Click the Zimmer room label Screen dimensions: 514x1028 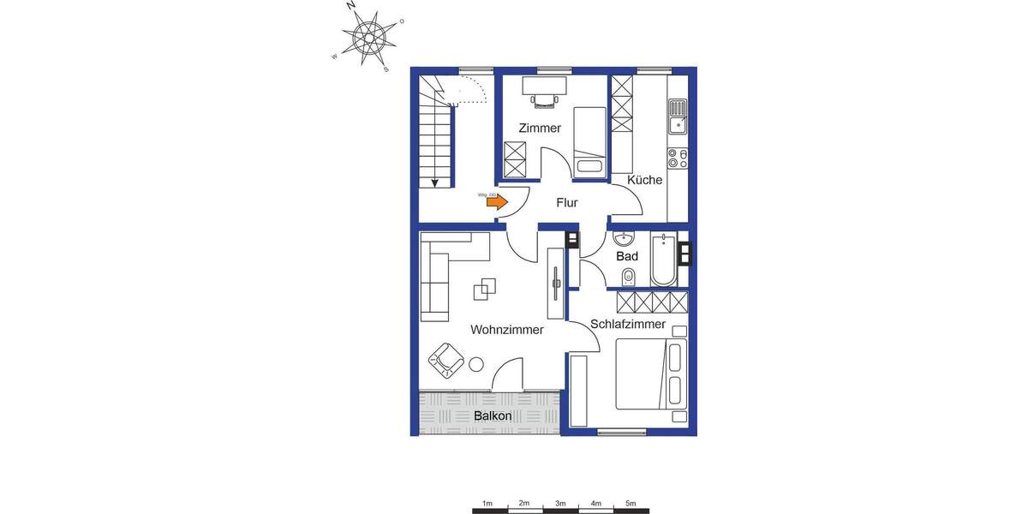pyautogui.click(x=540, y=128)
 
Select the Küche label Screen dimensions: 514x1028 pyautogui.click(x=644, y=180)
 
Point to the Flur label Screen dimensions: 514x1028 pyautogui.click(x=566, y=204)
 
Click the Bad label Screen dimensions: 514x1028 pyautogui.click(x=627, y=256)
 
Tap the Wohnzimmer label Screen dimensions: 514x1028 pyautogui.click(x=507, y=330)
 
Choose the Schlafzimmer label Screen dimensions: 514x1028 pyautogui.click(x=628, y=324)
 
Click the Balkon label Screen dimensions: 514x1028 pyautogui.click(x=493, y=415)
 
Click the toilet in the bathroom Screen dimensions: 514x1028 pyautogui.click(x=629, y=276)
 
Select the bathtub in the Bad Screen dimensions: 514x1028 pyautogui.click(x=663, y=259)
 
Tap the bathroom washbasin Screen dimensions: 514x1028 pyautogui.click(x=624, y=237)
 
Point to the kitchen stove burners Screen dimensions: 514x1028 pyautogui.click(x=678, y=158)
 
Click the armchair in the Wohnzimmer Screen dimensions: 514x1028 pyautogui.click(x=445, y=359)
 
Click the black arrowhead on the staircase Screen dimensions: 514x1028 pyautogui.click(x=436, y=182)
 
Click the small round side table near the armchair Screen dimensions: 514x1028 pyautogui.click(x=475, y=366)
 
